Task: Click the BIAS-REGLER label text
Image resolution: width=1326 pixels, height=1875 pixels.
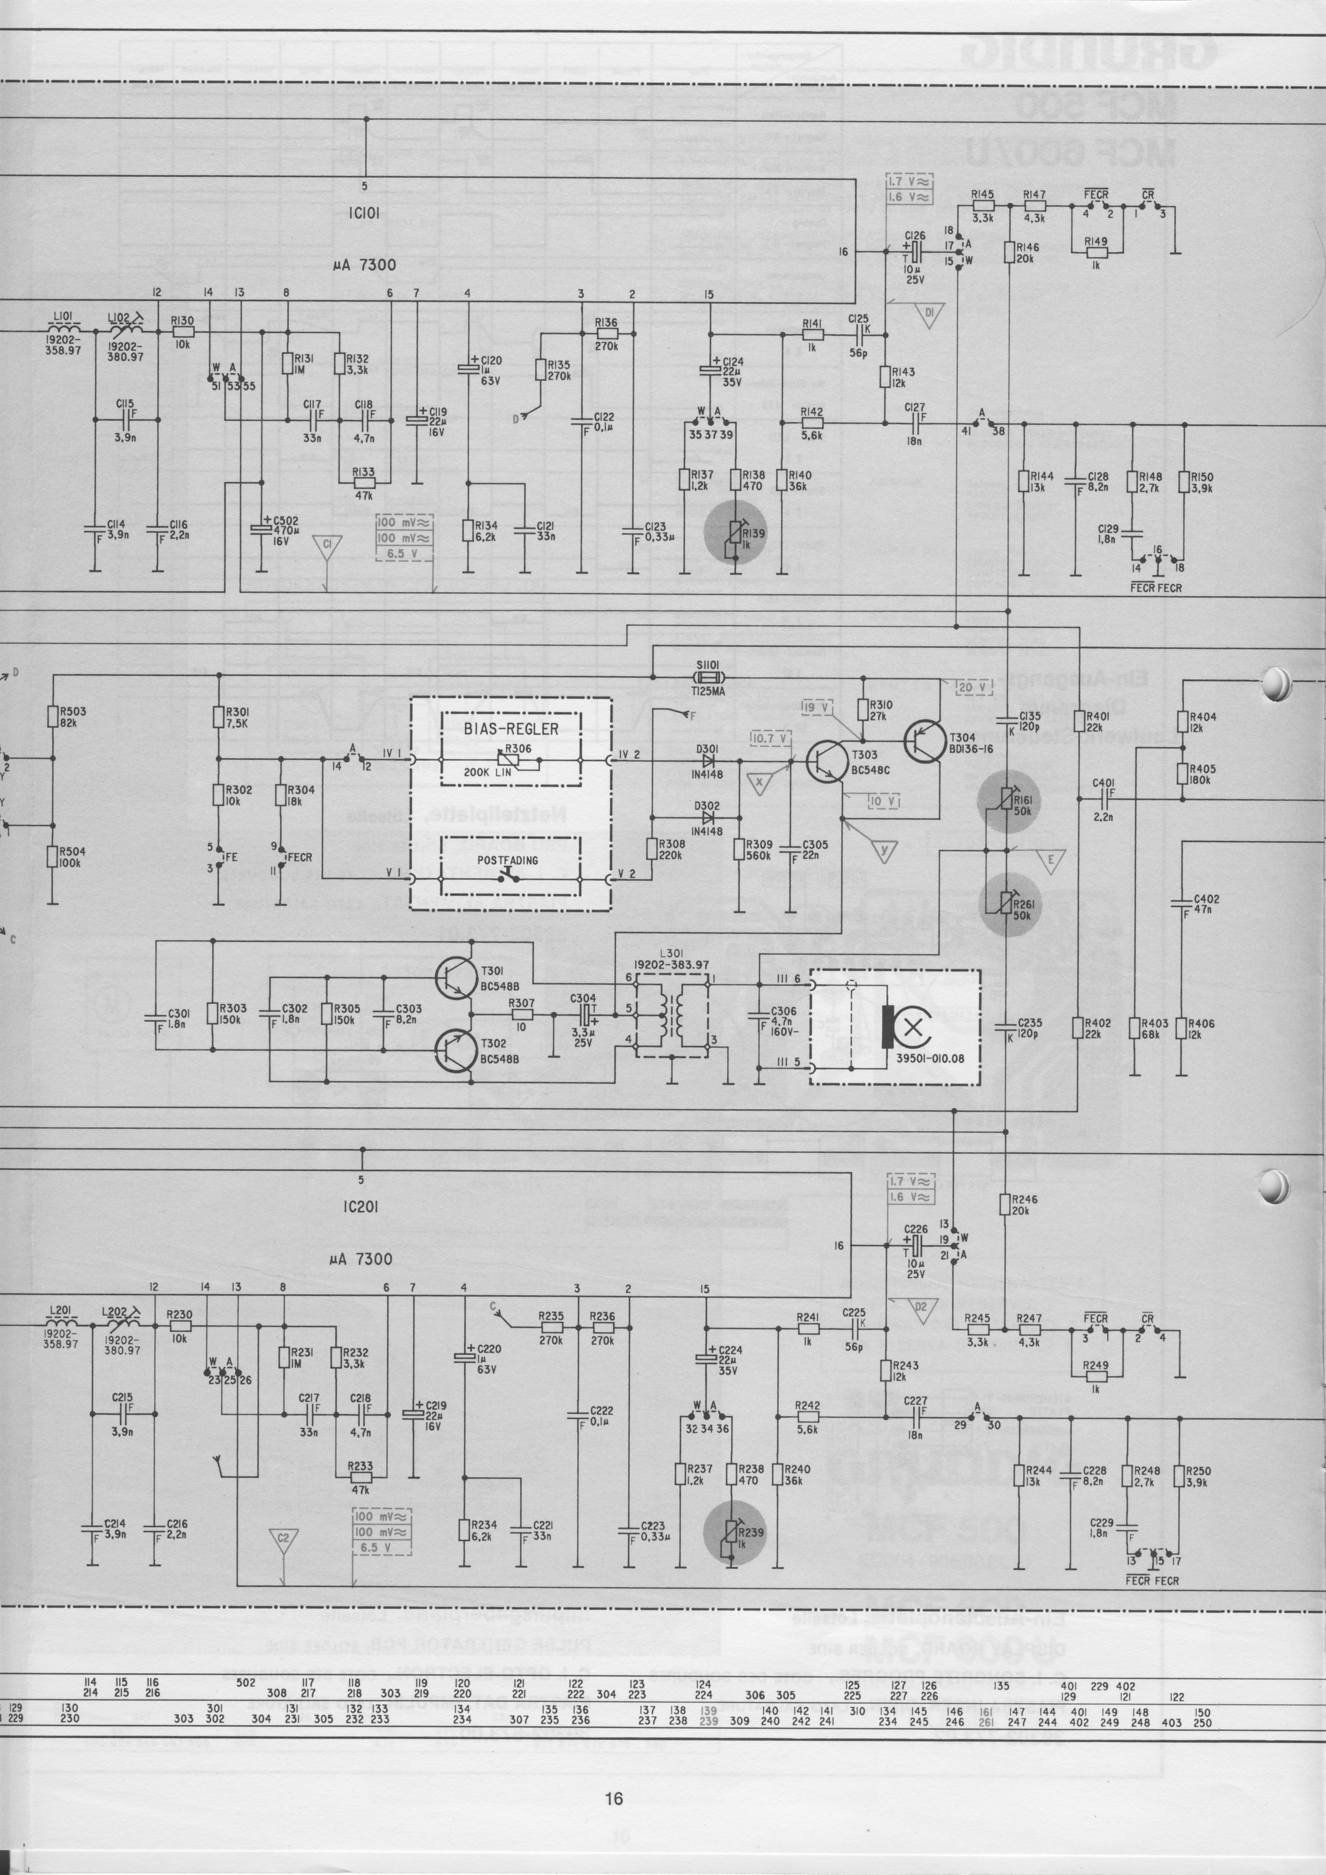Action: (511, 729)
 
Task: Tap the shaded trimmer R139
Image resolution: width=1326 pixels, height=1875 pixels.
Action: (736, 534)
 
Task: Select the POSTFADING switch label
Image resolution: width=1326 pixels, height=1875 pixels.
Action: (511, 861)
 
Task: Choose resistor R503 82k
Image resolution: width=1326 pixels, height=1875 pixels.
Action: (52, 717)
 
